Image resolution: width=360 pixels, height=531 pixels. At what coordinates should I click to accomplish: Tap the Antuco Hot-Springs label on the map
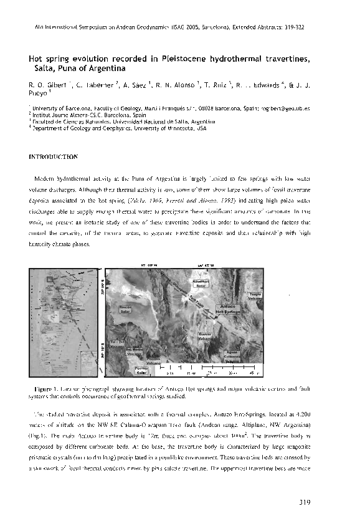click(x=230, y=309)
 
